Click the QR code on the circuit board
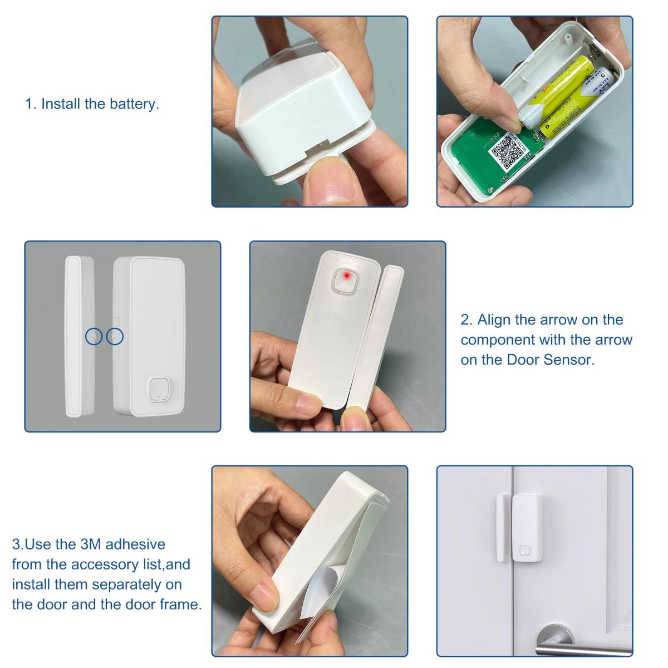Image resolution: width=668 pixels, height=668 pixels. tap(507, 150)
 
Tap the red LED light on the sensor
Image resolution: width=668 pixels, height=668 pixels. tap(346, 276)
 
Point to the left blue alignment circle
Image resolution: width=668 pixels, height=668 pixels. tap(94, 336)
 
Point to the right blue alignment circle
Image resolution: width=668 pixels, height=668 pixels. tap(115, 336)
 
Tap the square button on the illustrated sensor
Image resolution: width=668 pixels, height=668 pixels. tap(158, 389)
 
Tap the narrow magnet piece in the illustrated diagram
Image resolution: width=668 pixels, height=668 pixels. tap(73, 336)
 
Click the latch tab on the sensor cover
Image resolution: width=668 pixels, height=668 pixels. tap(315, 150)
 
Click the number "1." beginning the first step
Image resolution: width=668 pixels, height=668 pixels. tap(31, 104)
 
